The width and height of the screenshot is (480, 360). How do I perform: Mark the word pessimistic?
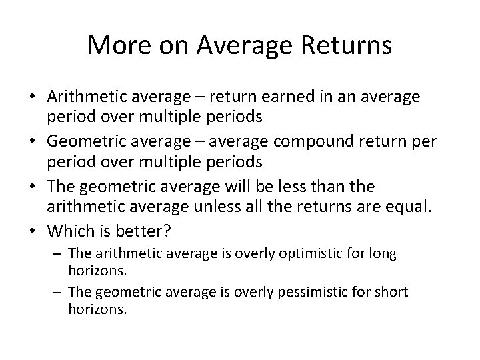pos(320,292)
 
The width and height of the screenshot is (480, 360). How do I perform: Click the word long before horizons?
pos(385,254)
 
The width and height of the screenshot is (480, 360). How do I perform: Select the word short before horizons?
pos(390,292)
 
